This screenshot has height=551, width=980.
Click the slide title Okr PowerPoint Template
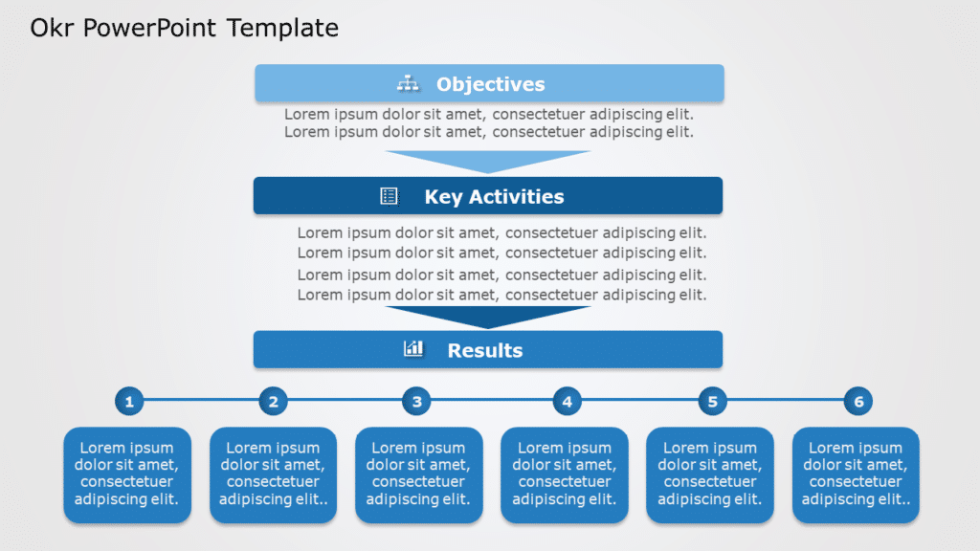coord(184,29)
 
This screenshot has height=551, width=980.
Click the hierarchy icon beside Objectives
coord(409,84)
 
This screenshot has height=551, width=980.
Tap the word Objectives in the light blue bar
coord(490,84)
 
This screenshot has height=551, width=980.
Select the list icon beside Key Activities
coord(389,196)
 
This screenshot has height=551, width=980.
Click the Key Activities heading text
coord(494,197)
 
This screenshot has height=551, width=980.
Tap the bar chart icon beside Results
coord(413,348)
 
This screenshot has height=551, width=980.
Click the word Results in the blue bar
coord(484,350)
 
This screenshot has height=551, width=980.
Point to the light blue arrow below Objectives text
coord(488,160)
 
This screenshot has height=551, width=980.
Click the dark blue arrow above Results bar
coord(488,316)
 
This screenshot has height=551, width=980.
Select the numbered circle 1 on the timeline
coord(129,402)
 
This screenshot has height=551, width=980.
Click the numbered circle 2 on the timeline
coord(274,402)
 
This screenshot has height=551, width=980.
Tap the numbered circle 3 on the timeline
coord(416,402)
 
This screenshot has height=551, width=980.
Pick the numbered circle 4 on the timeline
coord(567,402)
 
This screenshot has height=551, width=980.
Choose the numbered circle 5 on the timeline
coord(712,402)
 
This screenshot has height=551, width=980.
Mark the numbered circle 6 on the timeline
coord(857,402)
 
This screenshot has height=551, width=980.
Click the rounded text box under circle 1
coord(127,474)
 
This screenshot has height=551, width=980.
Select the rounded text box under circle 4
coord(565,474)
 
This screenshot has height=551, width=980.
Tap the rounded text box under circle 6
coord(856,474)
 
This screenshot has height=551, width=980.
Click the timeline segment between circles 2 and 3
coord(345,401)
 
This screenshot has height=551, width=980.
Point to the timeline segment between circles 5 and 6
coord(785,401)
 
